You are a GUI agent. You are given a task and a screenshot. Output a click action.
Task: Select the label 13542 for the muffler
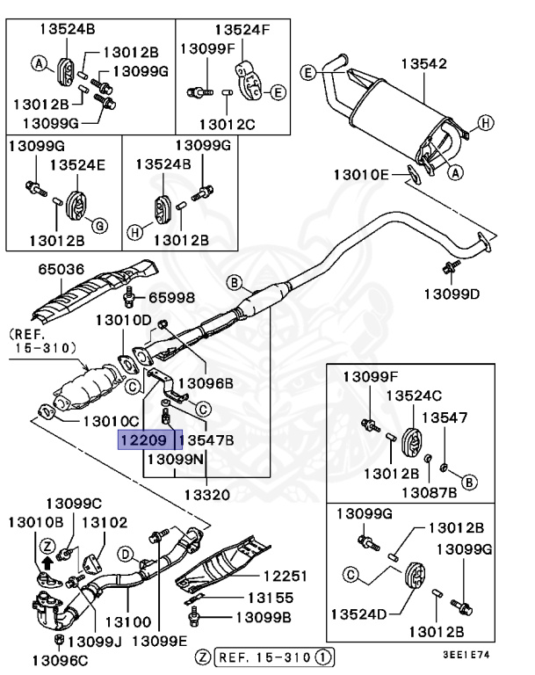(425, 63)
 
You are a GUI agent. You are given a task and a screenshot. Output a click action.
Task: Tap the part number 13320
(209, 495)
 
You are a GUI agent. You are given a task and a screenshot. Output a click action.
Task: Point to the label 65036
(61, 270)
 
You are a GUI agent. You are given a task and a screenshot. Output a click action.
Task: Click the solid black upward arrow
(46, 563)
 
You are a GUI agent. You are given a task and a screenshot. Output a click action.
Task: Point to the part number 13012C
(225, 125)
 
